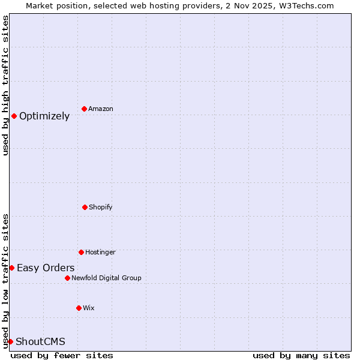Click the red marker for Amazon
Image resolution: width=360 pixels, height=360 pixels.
[84, 109]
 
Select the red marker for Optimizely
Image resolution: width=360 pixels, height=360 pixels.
[14, 116]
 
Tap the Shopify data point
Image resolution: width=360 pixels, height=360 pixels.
[85, 207]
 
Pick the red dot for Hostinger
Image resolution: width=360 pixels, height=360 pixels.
[81, 252]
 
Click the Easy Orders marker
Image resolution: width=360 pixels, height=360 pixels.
[11, 268]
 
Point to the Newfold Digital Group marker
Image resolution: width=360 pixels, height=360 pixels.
[67, 278]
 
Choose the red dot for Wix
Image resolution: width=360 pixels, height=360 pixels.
[79, 308]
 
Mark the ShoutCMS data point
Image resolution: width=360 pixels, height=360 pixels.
[10, 341]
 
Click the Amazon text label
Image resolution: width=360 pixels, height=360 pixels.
[101, 109]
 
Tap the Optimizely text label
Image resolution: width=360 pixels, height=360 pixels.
[44, 116]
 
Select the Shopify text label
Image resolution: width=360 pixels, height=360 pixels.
[101, 207]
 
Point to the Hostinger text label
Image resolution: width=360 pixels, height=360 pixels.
[100, 252]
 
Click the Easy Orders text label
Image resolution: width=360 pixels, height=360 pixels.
[46, 268]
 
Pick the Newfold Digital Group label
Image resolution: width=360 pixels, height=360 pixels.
[106, 278]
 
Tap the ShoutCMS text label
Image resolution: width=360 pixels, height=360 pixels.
[40, 341]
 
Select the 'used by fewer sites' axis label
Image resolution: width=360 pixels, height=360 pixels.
[62, 355]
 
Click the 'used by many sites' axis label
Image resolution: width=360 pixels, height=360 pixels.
[301, 355]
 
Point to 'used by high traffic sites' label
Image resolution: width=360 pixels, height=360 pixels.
[5, 85]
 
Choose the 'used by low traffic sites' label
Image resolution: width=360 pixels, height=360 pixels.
[5, 281]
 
